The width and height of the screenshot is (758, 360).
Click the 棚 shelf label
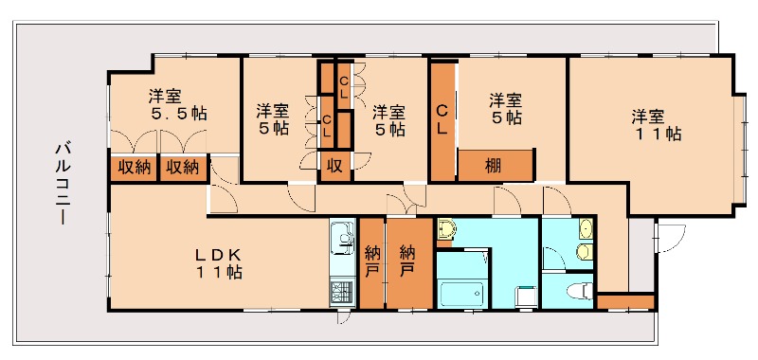[x=494, y=166]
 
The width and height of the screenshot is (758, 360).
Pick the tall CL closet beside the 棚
[x=442, y=120]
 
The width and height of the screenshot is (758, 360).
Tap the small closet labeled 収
[x=335, y=167]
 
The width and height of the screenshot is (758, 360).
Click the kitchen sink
[x=343, y=238]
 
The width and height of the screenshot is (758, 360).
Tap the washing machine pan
[x=526, y=297]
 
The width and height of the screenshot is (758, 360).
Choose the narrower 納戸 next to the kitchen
[x=371, y=262]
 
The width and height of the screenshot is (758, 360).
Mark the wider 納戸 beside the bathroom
[x=409, y=262]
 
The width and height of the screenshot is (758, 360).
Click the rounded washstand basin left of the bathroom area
[x=446, y=228]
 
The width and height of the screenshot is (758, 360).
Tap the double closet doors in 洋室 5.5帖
[x=158, y=141]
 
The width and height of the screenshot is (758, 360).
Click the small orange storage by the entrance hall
[x=625, y=301]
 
